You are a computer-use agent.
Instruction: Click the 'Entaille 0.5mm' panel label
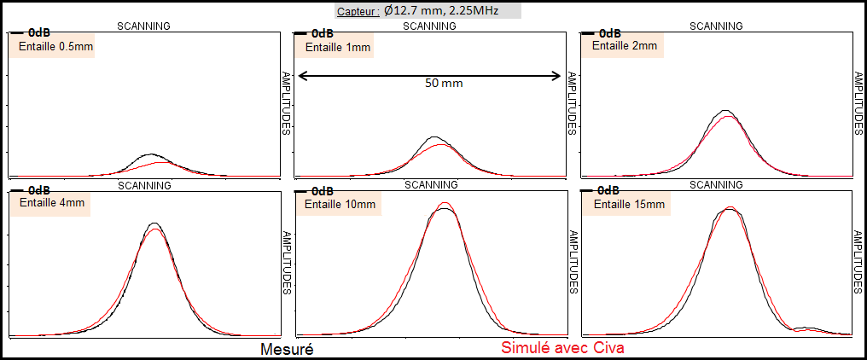pyautogui.click(x=55, y=46)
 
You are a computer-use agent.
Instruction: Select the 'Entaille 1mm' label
pyautogui.click(x=338, y=48)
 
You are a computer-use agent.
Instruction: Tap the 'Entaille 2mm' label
pyautogui.click(x=626, y=46)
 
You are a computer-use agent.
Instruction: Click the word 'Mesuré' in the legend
pyautogui.click(x=287, y=349)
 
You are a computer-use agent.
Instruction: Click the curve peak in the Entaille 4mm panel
pyautogui.click(x=154, y=224)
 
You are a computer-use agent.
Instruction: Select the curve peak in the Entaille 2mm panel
pyautogui.click(x=725, y=111)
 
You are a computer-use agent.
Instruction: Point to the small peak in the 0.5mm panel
pyautogui.click(x=151, y=155)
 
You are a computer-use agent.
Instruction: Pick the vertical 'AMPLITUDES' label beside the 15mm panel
pyautogui.click(x=858, y=261)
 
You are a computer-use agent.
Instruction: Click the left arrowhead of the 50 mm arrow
pyautogui.click(x=301, y=76)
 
